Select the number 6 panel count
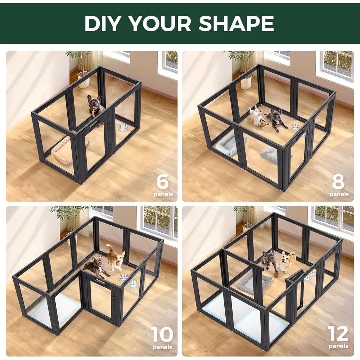coord(162,182)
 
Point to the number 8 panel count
coord(338,182)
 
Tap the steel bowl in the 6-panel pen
coord(123,128)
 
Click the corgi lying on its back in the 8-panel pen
coord(258,117)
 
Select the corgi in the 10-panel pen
coord(116,256)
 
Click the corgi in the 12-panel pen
coord(288,262)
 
